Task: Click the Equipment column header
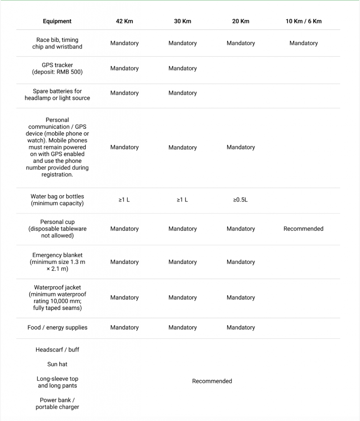(x=57, y=21)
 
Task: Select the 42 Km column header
(x=124, y=21)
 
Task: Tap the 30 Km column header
(x=183, y=21)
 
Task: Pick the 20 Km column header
(x=241, y=21)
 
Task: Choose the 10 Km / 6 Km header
(x=304, y=21)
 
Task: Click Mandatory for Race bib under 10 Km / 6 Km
(x=304, y=43)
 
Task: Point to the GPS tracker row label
(x=57, y=69)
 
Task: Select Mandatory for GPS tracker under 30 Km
(x=183, y=69)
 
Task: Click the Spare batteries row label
(x=57, y=95)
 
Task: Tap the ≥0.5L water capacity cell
(x=241, y=200)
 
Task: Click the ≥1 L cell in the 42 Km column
(x=124, y=200)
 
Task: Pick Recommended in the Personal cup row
(x=304, y=229)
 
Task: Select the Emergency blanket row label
(x=57, y=262)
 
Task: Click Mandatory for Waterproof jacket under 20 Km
(x=241, y=298)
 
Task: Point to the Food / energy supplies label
(x=57, y=328)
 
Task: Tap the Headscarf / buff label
(x=57, y=350)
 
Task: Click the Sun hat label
(x=57, y=364)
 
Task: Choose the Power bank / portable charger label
(x=57, y=403)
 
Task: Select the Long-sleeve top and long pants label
(x=57, y=382)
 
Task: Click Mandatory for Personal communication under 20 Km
(x=241, y=147)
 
